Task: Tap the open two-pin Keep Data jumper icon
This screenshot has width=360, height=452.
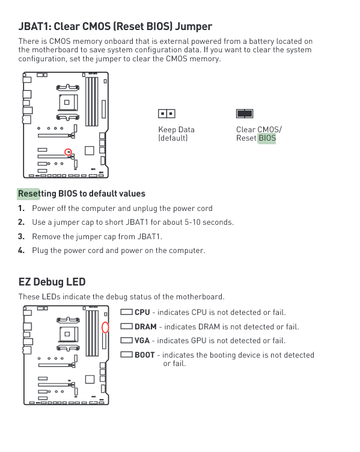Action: tap(166, 114)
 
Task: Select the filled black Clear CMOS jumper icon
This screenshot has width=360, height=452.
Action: tap(245, 114)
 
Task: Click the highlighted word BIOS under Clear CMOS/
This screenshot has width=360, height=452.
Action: tap(267, 138)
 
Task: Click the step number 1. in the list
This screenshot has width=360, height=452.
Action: tap(21, 208)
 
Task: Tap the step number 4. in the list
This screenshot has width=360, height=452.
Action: tap(21, 250)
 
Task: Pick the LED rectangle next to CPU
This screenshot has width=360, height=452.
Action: tap(126, 312)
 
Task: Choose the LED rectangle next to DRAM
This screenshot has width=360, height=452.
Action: tap(126, 326)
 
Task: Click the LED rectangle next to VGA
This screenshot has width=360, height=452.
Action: tap(126, 340)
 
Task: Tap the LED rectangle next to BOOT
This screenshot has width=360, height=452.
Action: tap(126, 354)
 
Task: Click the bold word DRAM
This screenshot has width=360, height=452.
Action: tap(145, 326)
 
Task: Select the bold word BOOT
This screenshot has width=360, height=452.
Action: tap(145, 355)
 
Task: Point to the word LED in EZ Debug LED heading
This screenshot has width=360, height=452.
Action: tap(78, 282)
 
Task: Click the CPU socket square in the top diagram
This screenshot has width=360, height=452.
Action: tap(67, 102)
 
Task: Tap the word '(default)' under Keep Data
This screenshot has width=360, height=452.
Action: tap(173, 138)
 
